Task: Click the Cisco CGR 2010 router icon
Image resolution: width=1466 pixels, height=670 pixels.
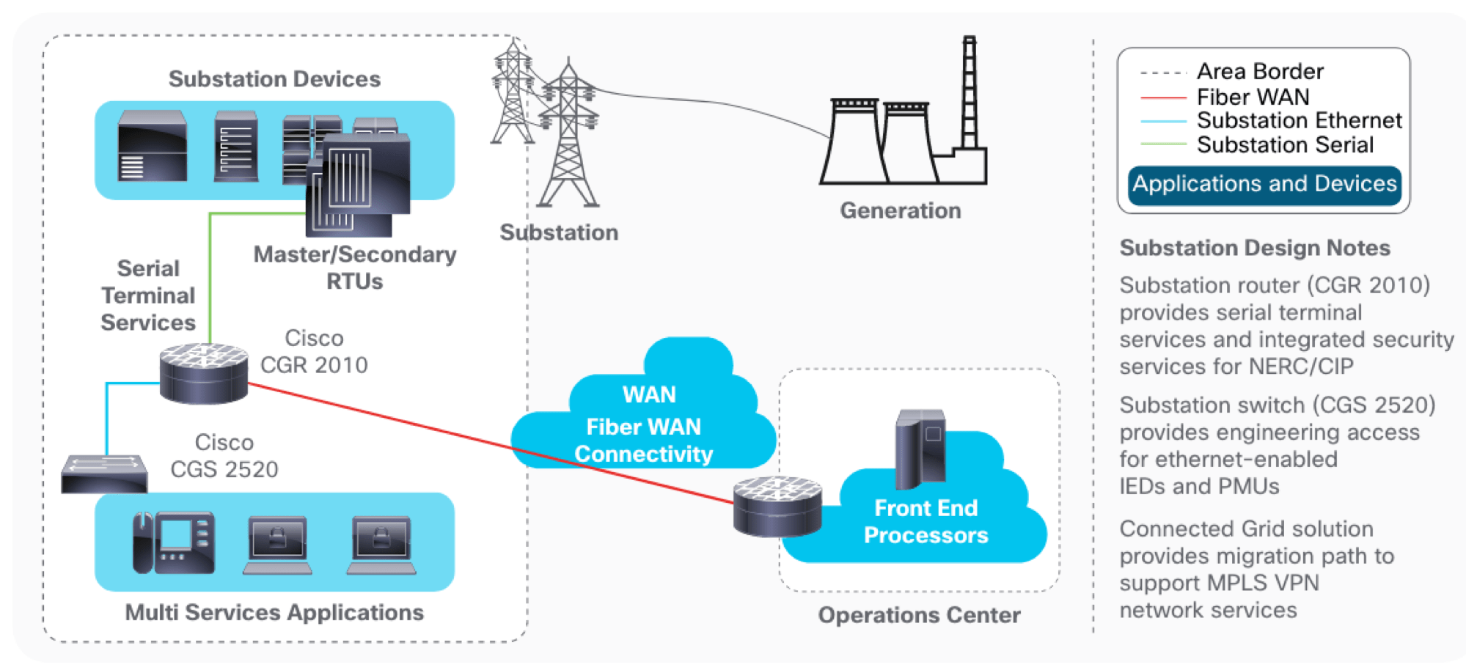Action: pyautogui.click(x=203, y=374)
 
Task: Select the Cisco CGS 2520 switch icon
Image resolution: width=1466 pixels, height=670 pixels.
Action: pyautogui.click(x=104, y=474)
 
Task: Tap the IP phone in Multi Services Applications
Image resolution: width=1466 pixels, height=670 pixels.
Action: pyautogui.click(x=173, y=542)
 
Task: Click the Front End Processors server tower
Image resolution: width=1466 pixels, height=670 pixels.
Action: pyautogui.click(x=920, y=449)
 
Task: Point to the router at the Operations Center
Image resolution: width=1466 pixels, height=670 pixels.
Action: pyautogui.click(x=777, y=506)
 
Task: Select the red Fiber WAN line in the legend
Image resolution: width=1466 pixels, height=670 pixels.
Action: pyautogui.click(x=1163, y=97)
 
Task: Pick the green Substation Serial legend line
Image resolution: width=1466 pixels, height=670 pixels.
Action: pyautogui.click(x=1163, y=144)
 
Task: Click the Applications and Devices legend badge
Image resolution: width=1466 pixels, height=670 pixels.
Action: pyautogui.click(x=1264, y=184)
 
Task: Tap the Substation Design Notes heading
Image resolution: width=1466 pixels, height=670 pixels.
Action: pyautogui.click(x=1254, y=248)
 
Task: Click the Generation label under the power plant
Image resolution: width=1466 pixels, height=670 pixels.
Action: pyautogui.click(x=900, y=210)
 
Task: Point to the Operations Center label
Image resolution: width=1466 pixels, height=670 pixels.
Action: pyautogui.click(x=919, y=615)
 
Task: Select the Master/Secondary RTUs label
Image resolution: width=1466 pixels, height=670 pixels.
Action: pyautogui.click(x=355, y=268)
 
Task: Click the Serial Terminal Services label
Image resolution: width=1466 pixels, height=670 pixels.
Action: pyautogui.click(x=148, y=295)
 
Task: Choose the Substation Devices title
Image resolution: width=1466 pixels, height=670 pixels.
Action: pyautogui.click(x=274, y=78)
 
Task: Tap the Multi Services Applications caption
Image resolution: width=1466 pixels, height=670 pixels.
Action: pyautogui.click(x=274, y=612)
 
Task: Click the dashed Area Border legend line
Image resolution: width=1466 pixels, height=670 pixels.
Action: pyautogui.click(x=1163, y=73)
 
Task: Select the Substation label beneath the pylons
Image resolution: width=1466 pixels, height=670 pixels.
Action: pyautogui.click(x=559, y=232)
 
